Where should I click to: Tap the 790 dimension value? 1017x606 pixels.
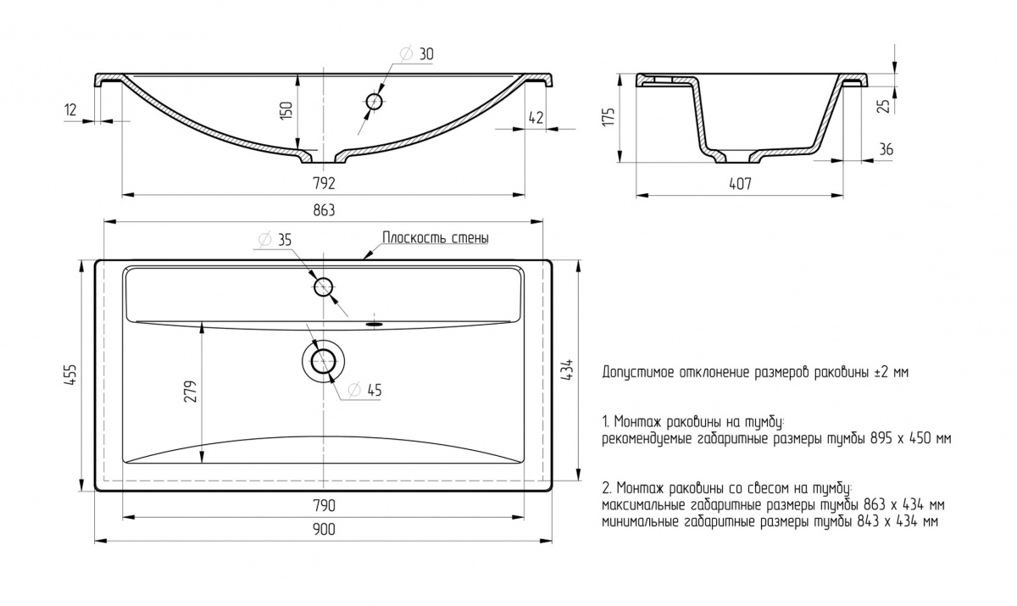325,505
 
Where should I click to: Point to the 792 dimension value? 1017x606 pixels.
325,182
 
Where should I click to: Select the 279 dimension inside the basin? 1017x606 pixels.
192,392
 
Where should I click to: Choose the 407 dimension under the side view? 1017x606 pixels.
740,182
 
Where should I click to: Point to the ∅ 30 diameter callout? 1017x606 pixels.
415,54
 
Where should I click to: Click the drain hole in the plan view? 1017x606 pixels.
323,361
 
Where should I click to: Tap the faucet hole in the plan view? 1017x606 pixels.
323,286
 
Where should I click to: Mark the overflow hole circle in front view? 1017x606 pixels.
375,102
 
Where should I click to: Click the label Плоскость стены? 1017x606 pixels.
436,238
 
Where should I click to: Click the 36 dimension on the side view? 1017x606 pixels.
886,149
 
